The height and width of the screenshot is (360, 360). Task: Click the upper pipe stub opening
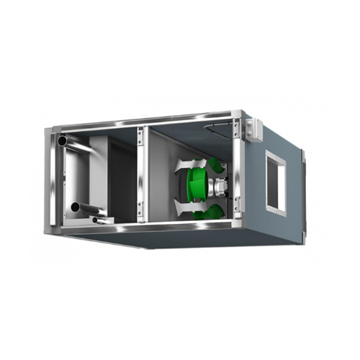coord(63,140)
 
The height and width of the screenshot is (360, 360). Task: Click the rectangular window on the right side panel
coord(276,182)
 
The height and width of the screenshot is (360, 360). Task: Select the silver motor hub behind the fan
coord(216,187)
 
